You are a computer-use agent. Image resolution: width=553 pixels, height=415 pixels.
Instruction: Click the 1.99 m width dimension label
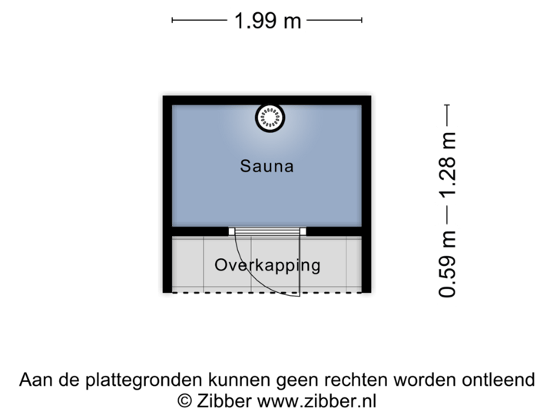(x=267, y=21)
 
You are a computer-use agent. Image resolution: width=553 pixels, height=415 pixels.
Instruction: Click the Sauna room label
(x=267, y=165)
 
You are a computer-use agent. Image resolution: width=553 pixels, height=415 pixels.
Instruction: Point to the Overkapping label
(x=267, y=266)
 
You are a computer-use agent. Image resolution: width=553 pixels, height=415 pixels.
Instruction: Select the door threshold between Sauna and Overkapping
(x=267, y=231)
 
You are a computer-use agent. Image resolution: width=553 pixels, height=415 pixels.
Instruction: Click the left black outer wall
(x=164, y=192)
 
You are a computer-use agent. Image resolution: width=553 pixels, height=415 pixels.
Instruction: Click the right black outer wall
(x=369, y=192)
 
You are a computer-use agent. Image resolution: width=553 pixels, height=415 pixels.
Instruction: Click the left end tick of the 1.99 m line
(x=172, y=21)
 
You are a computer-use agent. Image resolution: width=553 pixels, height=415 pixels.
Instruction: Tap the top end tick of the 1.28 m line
(x=448, y=106)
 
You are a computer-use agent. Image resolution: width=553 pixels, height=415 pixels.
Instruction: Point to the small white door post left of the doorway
(x=232, y=231)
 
